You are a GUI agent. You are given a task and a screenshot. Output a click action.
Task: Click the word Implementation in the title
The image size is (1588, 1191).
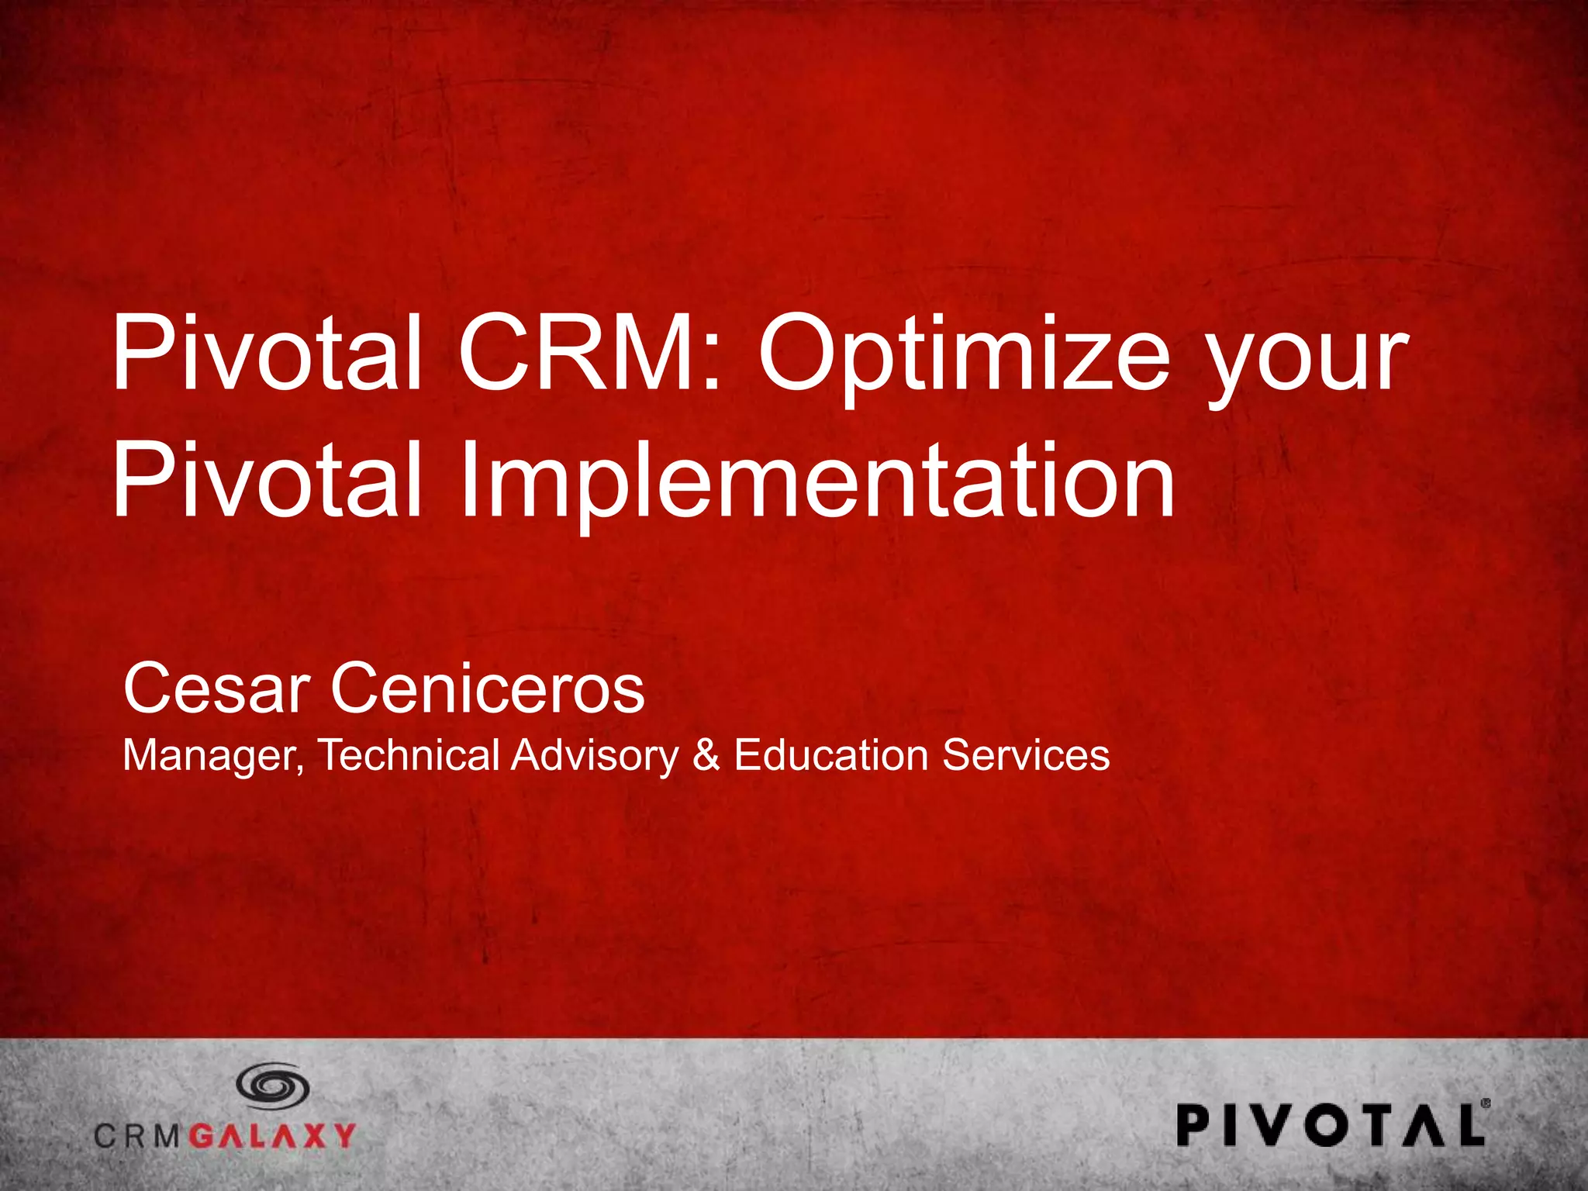coord(818,481)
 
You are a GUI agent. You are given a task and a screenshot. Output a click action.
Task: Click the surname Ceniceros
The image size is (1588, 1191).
coord(488,689)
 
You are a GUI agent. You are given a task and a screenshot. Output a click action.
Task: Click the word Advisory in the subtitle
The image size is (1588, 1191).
coord(594,756)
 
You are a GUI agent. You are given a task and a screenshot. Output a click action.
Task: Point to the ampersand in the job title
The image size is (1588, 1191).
coord(706,755)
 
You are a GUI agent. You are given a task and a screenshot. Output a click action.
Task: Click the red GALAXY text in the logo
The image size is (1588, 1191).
coord(272,1136)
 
